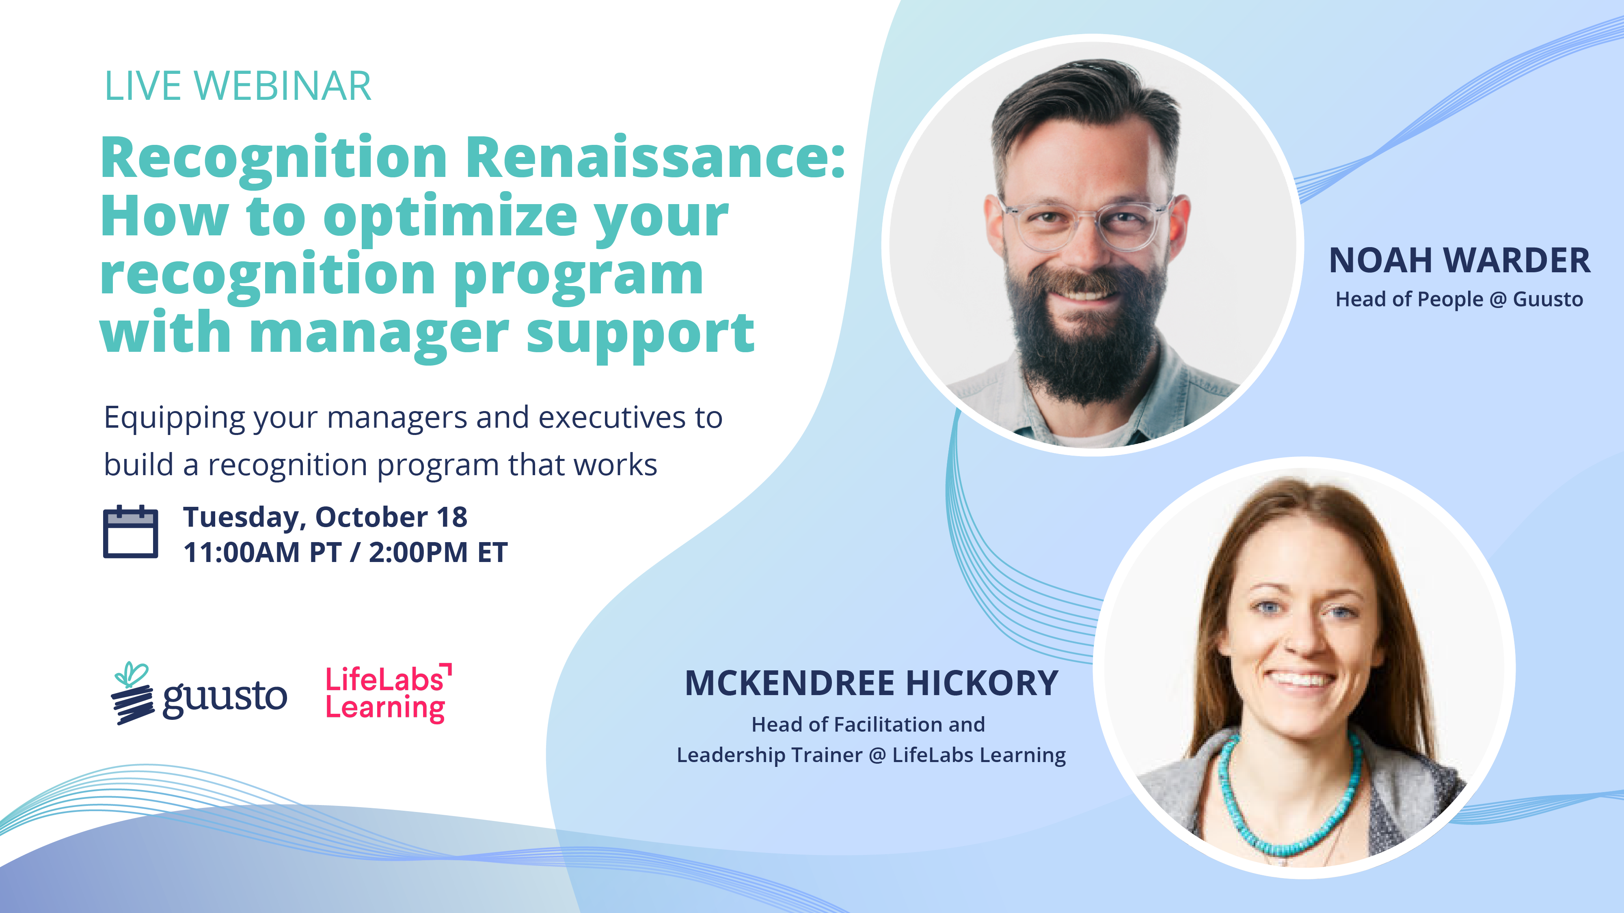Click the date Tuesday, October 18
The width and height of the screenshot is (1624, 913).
(325, 517)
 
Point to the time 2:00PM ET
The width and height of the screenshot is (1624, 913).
(438, 553)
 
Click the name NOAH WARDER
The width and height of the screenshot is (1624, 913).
(1459, 260)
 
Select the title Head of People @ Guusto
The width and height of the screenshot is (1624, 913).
(1459, 299)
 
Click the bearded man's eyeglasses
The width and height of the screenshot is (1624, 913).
(1086, 224)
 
